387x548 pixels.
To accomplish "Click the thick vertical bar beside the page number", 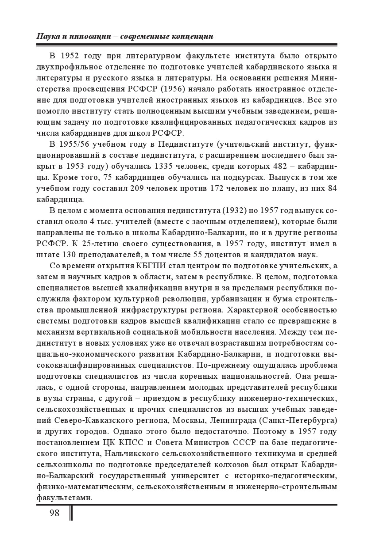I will pyautogui.click(x=71, y=513).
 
